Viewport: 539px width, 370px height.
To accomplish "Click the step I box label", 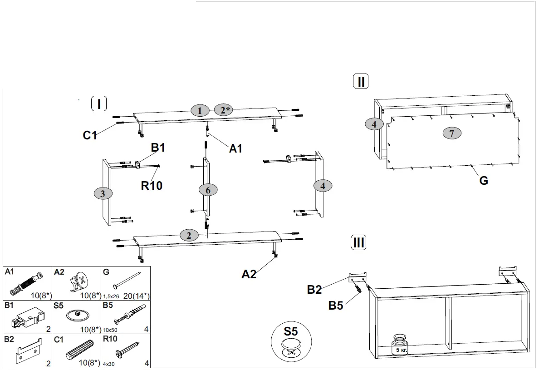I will [x=98, y=104].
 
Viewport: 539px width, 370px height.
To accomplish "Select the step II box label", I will [x=361, y=82].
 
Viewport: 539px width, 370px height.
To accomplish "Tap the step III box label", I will [x=358, y=242].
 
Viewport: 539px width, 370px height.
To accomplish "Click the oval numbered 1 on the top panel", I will [x=200, y=110].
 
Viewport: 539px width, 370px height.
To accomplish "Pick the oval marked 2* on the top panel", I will [x=223, y=110].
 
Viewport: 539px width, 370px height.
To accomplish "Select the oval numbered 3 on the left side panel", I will [x=103, y=193].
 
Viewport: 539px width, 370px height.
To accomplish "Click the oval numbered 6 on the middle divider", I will [x=208, y=190].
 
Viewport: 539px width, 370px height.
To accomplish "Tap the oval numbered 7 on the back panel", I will [x=452, y=133].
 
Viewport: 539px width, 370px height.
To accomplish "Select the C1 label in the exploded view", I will [x=90, y=135].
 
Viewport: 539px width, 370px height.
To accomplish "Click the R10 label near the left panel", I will [x=151, y=185].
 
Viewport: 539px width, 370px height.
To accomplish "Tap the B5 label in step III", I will [x=336, y=306].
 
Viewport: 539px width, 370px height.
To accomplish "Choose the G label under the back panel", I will [x=484, y=181].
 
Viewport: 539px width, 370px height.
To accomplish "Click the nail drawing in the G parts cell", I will [x=127, y=279].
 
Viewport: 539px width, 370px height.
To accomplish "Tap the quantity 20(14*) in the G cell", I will [x=136, y=296].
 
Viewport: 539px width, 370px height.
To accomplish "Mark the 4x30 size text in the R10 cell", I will [x=108, y=364].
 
